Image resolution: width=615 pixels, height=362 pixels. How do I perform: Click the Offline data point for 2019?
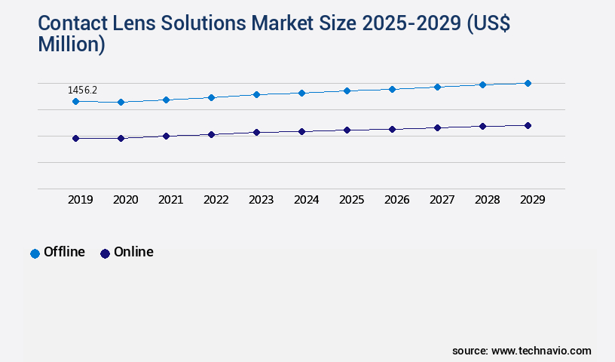click(75, 101)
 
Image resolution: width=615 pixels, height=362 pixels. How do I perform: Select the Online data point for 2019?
click(75, 138)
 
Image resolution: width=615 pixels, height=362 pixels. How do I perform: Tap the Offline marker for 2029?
click(528, 83)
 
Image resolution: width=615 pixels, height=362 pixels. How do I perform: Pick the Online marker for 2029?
click(528, 125)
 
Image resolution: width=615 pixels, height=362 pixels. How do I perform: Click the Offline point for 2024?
click(301, 93)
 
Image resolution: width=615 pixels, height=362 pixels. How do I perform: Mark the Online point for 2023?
click(256, 132)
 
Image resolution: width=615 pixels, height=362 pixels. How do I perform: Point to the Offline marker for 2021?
click(166, 100)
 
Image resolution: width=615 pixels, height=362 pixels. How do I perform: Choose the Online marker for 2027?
click(437, 127)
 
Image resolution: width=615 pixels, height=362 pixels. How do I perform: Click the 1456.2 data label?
click(82, 90)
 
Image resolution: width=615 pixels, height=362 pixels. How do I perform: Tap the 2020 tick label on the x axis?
click(125, 200)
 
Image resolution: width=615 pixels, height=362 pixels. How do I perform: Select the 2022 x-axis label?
click(216, 200)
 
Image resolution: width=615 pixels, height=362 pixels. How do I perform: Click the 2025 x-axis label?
click(351, 200)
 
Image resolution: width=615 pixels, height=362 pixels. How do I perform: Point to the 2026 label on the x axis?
click(396, 200)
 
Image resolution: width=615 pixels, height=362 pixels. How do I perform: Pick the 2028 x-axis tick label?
click(487, 200)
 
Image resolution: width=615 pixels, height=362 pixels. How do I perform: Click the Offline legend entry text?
click(64, 252)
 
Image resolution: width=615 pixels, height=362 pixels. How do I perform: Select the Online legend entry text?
click(133, 252)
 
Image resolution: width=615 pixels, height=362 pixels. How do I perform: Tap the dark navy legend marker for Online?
click(105, 253)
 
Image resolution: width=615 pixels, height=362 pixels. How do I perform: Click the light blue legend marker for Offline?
click(35, 253)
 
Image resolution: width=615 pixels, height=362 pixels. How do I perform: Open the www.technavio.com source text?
click(541, 351)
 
